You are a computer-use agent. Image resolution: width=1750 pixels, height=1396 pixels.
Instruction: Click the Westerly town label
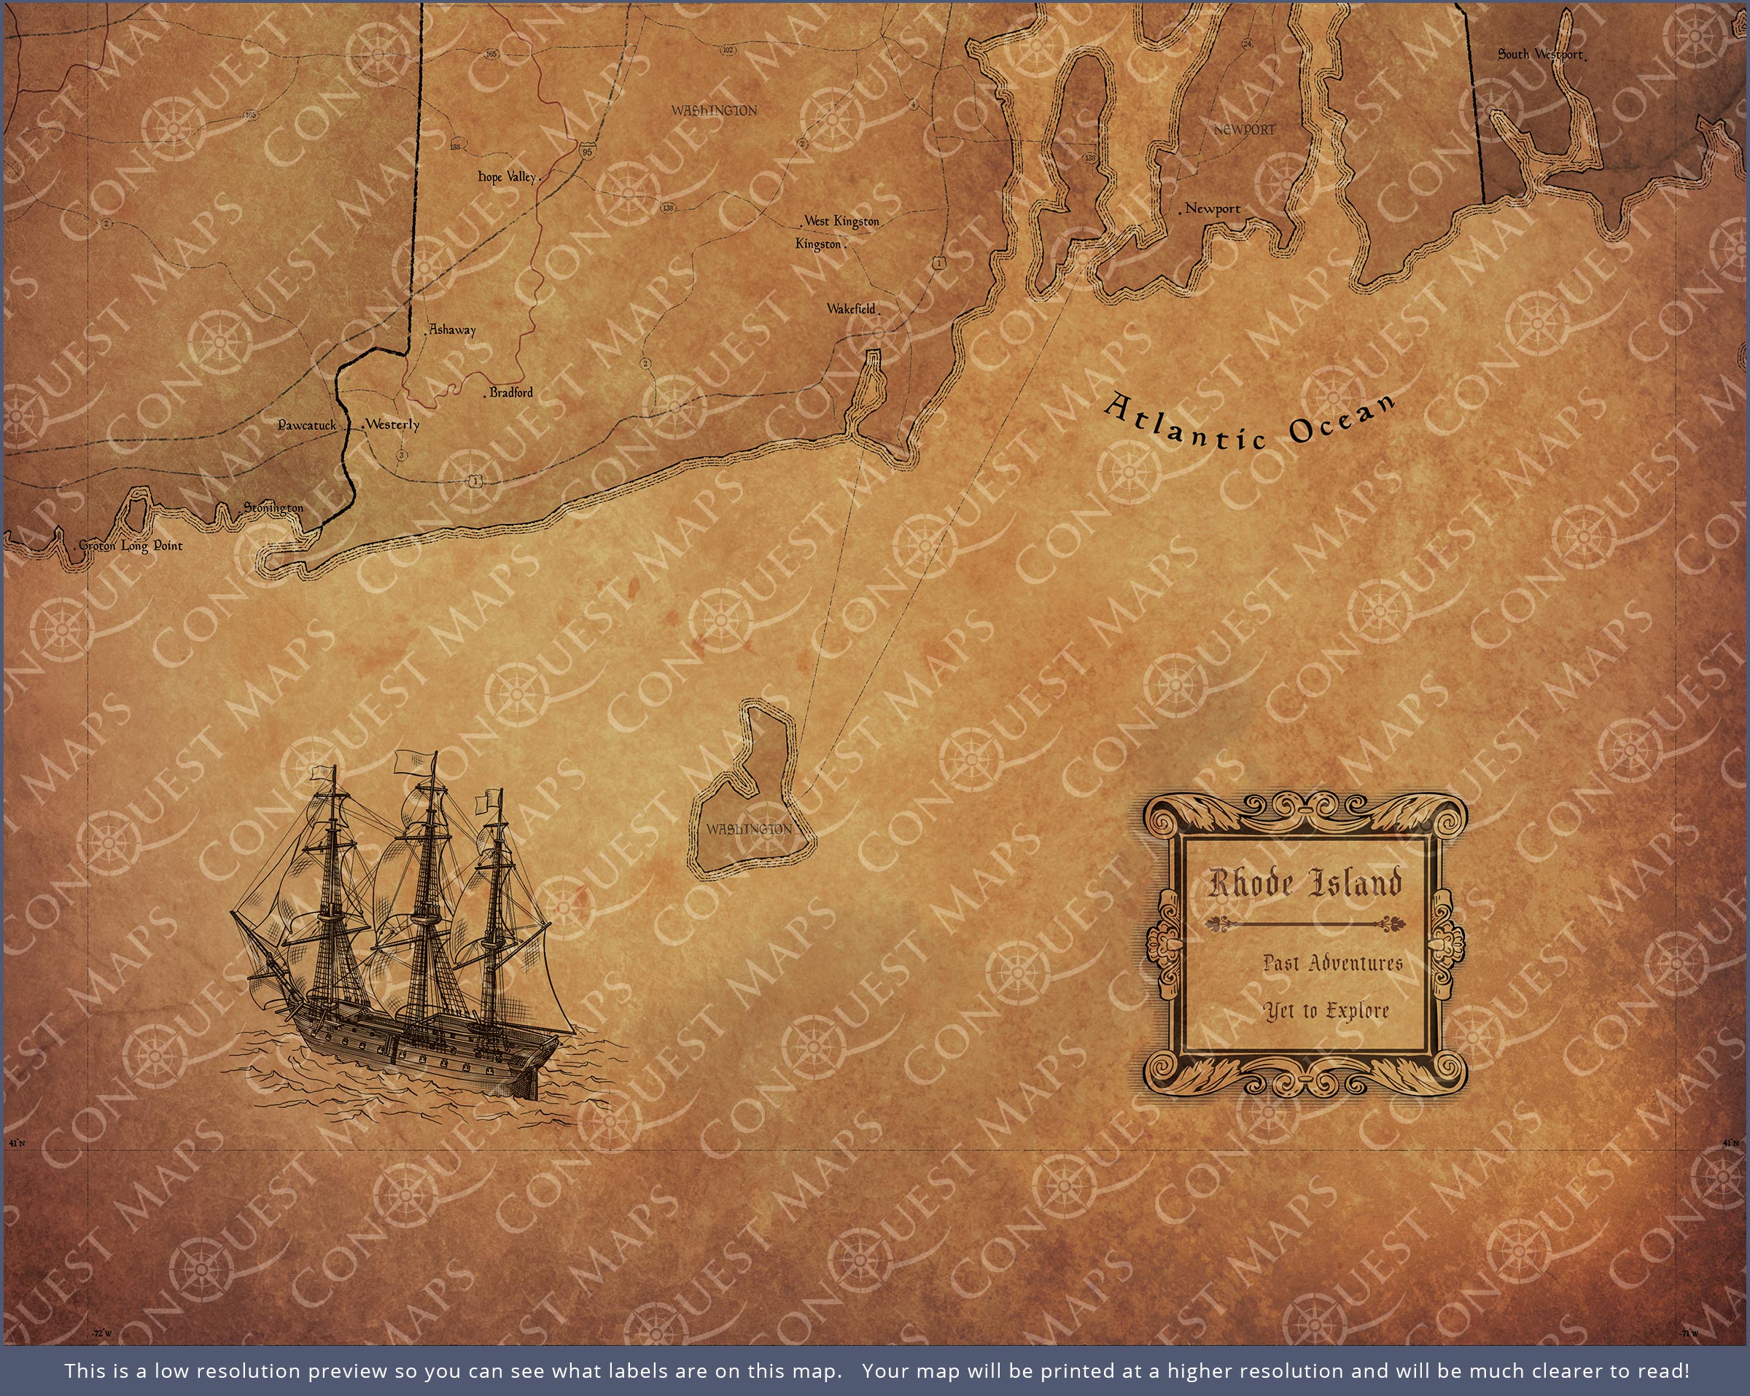click(x=393, y=424)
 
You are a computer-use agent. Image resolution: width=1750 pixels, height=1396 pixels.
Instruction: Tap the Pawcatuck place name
click(x=307, y=425)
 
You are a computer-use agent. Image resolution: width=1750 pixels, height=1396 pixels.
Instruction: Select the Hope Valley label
click(x=508, y=177)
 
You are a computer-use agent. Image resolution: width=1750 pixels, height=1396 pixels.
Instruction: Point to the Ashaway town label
click(x=453, y=329)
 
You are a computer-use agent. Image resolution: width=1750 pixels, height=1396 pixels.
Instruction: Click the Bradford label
click(x=511, y=393)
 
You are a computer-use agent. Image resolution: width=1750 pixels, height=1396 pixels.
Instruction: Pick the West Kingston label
click(x=841, y=221)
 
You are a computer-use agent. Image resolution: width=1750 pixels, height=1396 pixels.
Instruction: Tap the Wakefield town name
click(x=852, y=308)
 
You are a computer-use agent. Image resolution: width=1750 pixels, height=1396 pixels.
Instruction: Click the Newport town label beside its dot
click(x=1213, y=208)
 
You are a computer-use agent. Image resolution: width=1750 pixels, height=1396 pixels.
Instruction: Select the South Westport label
click(x=1540, y=55)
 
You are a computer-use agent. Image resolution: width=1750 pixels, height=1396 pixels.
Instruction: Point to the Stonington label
click(x=273, y=508)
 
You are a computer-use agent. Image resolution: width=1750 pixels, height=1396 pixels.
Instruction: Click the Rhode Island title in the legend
click(x=1305, y=883)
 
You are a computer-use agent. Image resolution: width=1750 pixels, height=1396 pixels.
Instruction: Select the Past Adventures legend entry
click(x=1333, y=964)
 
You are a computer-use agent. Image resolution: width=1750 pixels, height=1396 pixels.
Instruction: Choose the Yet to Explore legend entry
click(x=1326, y=1011)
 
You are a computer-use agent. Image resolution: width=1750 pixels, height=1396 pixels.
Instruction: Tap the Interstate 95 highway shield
click(x=587, y=151)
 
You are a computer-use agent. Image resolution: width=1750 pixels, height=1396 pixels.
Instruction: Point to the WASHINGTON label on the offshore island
click(x=749, y=829)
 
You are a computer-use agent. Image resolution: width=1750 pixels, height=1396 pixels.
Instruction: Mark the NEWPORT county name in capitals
click(x=1244, y=130)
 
